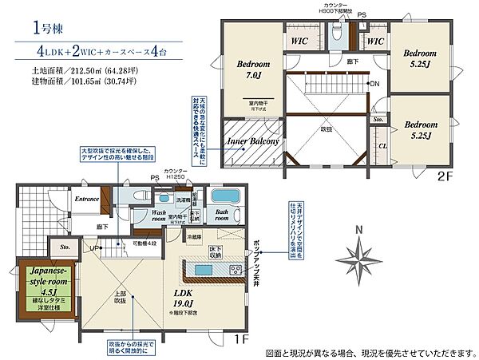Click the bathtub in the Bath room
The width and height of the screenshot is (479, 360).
[x=230, y=197]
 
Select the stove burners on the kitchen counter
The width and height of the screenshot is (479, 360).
[x=236, y=269]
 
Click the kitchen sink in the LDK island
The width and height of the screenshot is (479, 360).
[x=203, y=270]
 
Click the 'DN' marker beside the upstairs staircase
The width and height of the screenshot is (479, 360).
[x=374, y=83]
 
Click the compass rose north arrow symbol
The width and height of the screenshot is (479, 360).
[x=361, y=259]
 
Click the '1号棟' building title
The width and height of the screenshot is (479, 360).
[x=42, y=29]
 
